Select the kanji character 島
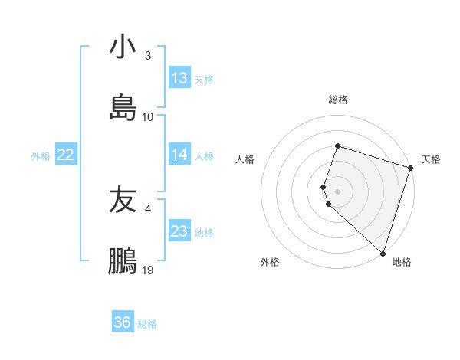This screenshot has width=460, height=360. coord(123,107)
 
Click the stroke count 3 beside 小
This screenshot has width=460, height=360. coord(148,56)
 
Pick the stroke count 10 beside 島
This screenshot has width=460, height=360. coord(148,117)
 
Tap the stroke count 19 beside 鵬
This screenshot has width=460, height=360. coord(148,270)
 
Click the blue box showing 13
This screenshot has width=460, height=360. coord(179,78)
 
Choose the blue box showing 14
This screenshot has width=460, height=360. coord(179,155)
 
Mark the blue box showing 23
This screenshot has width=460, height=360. coord(179,231)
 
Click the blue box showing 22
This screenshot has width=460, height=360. coord(65,155)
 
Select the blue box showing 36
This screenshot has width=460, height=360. coord(123,322)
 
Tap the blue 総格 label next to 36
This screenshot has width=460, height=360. coord(147,324)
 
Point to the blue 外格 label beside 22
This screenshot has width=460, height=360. coord(41,156)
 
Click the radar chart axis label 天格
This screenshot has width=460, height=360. coord(431,159)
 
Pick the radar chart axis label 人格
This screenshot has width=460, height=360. coord(245,159)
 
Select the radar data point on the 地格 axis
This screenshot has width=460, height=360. coord(383,253)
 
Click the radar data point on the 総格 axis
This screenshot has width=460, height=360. coord(337,146)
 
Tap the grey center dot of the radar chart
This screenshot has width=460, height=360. coord(337,191)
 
